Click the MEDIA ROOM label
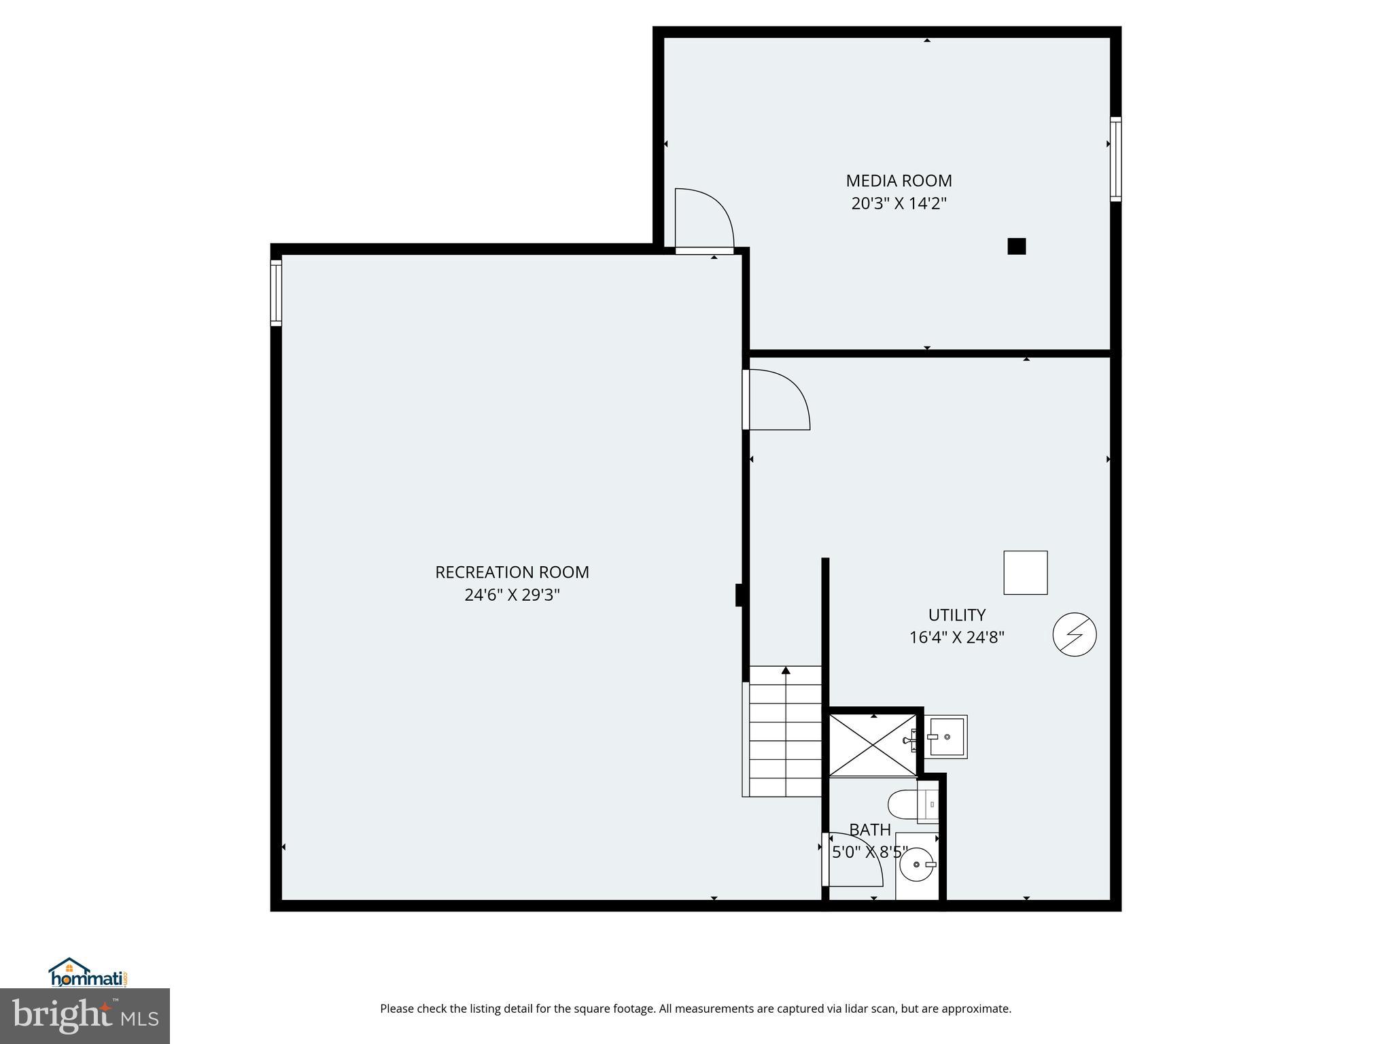coord(899,181)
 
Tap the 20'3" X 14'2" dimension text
coord(899,203)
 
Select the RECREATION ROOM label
coord(512,572)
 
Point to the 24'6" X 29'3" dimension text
coord(512,595)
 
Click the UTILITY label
coord(956,615)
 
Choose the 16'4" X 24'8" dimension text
coord(956,638)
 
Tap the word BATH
coord(870,830)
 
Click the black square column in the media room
coord(1016,246)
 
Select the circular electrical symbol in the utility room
coord(1074,635)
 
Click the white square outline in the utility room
coord(1025,573)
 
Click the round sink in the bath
coord(918,865)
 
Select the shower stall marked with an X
coord(873,744)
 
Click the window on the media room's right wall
coord(1115,159)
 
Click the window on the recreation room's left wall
coord(276,293)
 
